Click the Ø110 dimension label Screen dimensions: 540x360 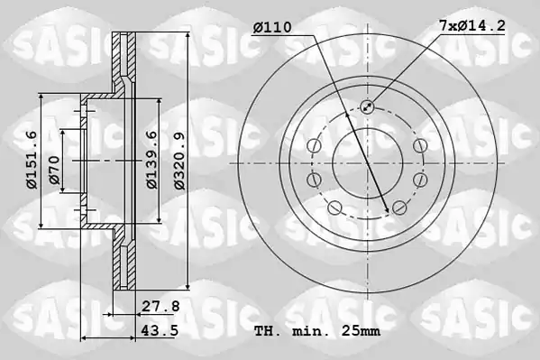[x=272, y=27]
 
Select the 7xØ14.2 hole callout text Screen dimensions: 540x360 [x=472, y=25]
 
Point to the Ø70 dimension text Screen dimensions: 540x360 [x=54, y=170]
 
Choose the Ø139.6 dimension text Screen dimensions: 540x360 [x=151, y=160]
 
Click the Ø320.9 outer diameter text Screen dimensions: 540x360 [x=179, y=161]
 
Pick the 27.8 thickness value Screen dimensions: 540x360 [x=160, y=306]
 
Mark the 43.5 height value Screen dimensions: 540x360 [x=160, y=330]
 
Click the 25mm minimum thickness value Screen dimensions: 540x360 [x=361, y=331]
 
